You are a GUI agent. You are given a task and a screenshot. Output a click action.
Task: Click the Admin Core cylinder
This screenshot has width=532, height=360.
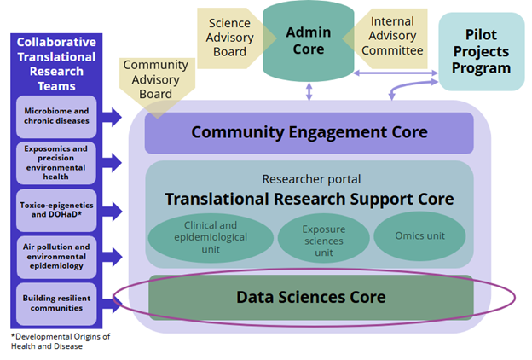pyautogui.click(x=308, y=41)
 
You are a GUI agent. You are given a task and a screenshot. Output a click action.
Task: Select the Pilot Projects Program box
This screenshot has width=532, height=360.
pyautogui.click(x=481, y=51)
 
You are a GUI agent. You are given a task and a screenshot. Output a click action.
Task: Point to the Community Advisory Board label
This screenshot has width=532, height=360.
pyautogui.click(x=155, y=79)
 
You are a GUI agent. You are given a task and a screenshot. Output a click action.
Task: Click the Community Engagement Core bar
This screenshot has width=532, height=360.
pyautogui.click(x=309, y=132)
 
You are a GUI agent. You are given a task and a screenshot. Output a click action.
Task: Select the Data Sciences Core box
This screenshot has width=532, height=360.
pyautogui.click(x=310, y=297)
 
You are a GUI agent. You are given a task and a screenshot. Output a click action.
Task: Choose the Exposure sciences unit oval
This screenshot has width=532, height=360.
pyautogui.click(x=310, y=236)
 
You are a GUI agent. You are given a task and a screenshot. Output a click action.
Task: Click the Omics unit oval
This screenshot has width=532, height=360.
pyautogui.click(x=418, y=235)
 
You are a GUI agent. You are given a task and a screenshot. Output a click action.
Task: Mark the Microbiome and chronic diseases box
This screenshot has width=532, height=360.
pyautogui.click(x=56, y=116)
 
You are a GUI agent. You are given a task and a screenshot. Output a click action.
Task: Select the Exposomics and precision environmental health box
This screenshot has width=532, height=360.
pyautogui.click(x=56, y=162)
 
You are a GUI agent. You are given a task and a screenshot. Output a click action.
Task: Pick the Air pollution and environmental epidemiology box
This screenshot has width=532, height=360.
pyautogui.click(x=56, y=255)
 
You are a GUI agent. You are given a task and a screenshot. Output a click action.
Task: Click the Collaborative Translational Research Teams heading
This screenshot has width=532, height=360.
pyautogui.click(x=56, y=65)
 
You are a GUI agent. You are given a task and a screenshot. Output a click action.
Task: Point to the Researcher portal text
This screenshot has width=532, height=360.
pyautogui.click(x=310, y=179)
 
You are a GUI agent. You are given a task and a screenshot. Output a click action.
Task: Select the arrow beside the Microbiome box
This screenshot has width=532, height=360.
pyautogui.click(x=112, y=116)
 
